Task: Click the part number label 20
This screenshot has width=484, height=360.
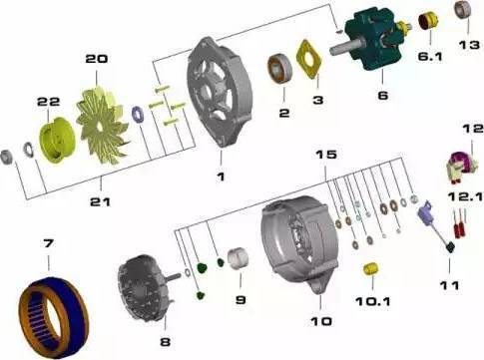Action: coord(97,59)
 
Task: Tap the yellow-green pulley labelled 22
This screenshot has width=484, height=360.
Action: coord(57,141)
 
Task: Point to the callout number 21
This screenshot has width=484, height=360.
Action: coord(100,201)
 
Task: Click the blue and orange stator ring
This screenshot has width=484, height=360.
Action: coord(53,317)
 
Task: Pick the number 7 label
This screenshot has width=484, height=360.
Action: coord(48,243)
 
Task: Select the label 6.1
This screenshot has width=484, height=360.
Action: coord(430,57)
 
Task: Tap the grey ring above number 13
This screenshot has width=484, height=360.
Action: coord(463,10)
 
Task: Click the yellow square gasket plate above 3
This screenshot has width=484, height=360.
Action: coord(309,59)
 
